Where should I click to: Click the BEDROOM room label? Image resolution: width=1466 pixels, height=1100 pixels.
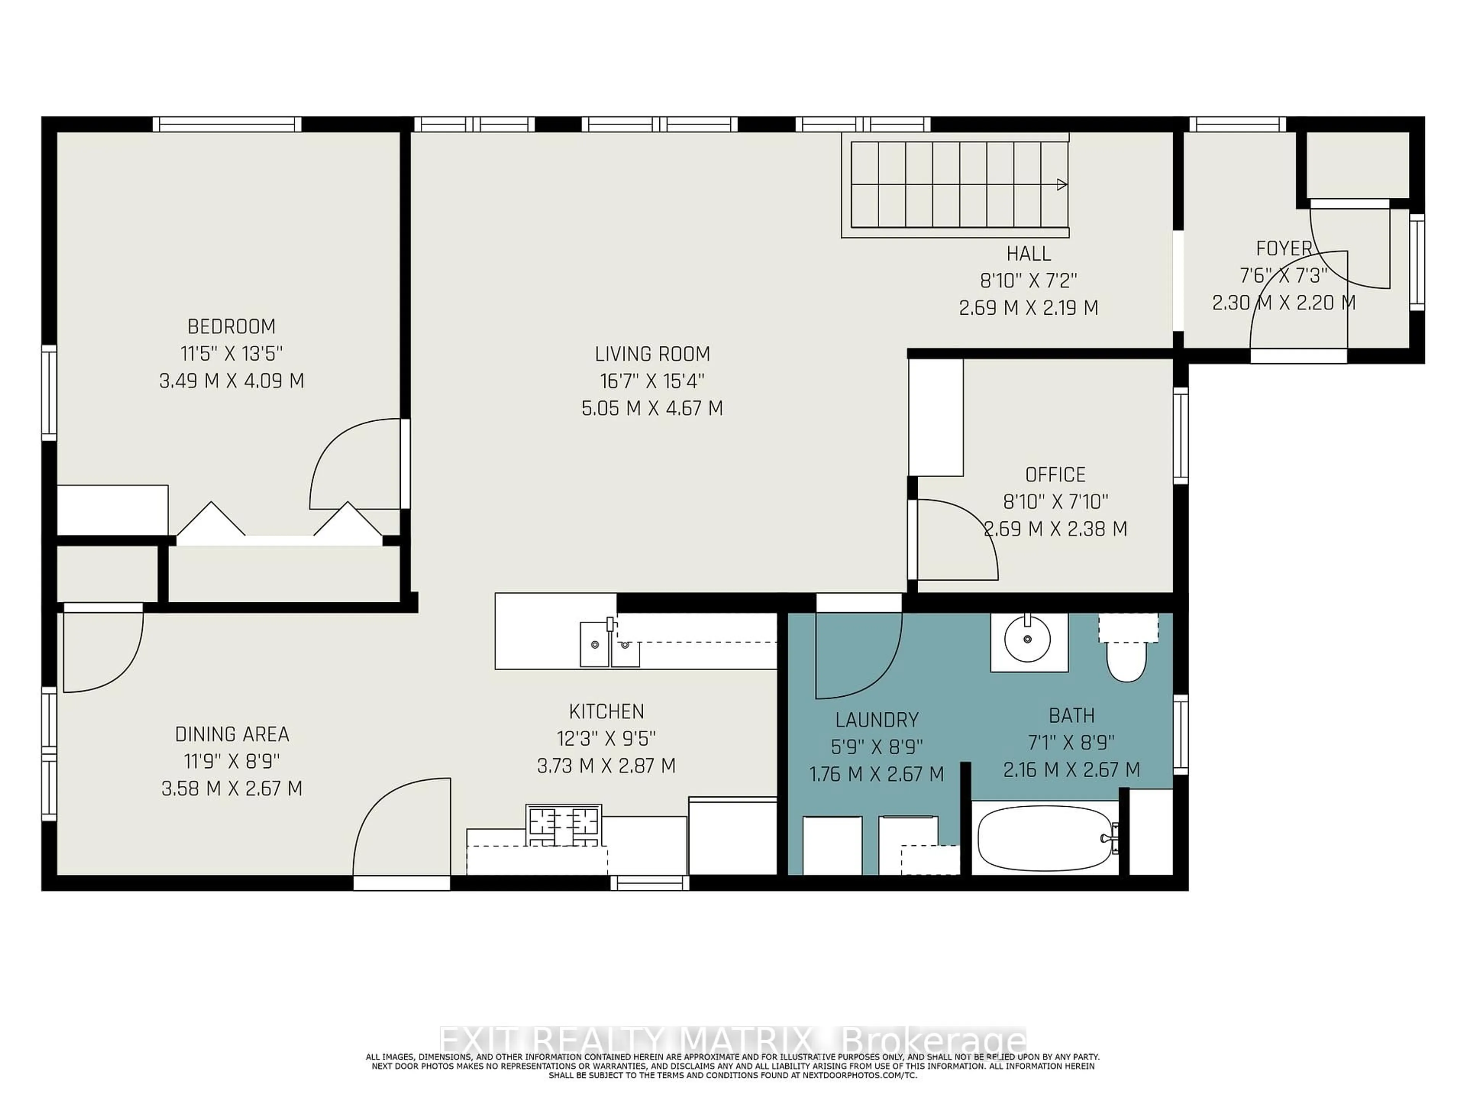[x=231, y=326]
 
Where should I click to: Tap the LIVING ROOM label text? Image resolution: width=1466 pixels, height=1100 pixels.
[x=652, y=354]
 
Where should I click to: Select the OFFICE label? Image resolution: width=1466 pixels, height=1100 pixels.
[x=1055, y=475]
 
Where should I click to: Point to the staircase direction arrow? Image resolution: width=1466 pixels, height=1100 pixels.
[x=1061, y=184]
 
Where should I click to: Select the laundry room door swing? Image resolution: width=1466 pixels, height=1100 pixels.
[x=858, y=657]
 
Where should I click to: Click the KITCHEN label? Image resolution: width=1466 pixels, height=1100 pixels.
[x=606, y=712]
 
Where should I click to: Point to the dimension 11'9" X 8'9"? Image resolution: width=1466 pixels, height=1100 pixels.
[x=232, y=761]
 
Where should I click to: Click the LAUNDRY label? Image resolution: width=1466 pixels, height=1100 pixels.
[x=877, y=720]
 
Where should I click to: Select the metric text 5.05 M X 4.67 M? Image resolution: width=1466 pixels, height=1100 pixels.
[x=652, y=408]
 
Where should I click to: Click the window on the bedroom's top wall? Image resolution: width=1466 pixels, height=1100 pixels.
[x=227, y=124]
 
